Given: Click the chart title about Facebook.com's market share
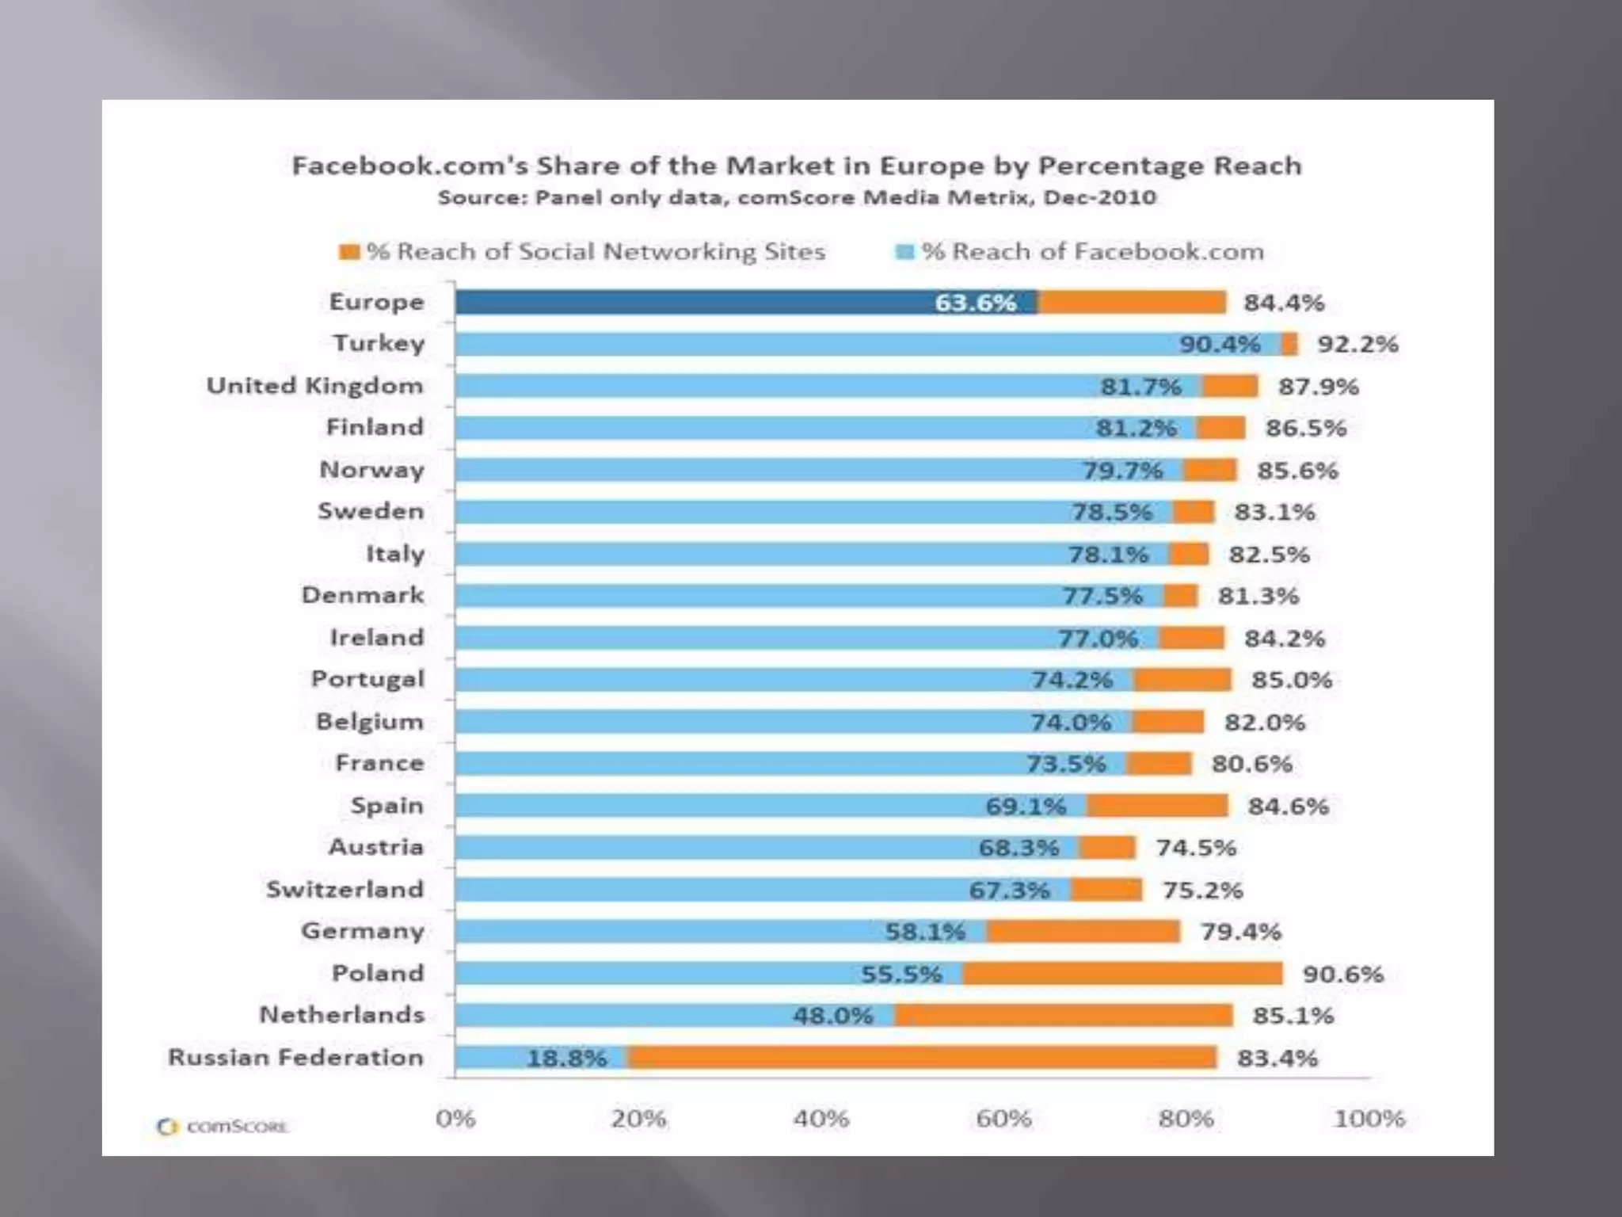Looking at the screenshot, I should coord(797,166).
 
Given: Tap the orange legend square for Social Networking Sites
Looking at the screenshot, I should coord(349,252).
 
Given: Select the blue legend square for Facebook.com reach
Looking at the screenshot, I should coord(904,252).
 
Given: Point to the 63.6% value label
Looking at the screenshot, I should coord(975,303).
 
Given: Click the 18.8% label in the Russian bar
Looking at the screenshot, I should coord(567,1058).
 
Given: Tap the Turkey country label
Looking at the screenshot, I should coord(379,344).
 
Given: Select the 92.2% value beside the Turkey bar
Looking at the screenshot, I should coord(1357,345).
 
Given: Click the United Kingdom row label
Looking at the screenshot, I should coord(315,386).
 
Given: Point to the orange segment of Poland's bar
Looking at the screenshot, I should coord(1122,973).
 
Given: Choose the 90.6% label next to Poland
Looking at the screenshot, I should coord(1343,974).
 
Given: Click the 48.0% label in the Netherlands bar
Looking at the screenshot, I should coord(832,1016).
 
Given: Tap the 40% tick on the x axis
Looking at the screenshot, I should coord(821,1119).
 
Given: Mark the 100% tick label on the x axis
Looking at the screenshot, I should coord(1369,1119).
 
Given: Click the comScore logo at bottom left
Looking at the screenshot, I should coord(223,1127).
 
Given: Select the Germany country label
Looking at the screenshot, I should coord(363,931).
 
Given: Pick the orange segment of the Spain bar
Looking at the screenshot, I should coord(1157,806).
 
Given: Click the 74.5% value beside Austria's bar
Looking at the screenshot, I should coord(1196,848).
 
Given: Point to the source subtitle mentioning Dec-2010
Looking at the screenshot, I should coord(797,197).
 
